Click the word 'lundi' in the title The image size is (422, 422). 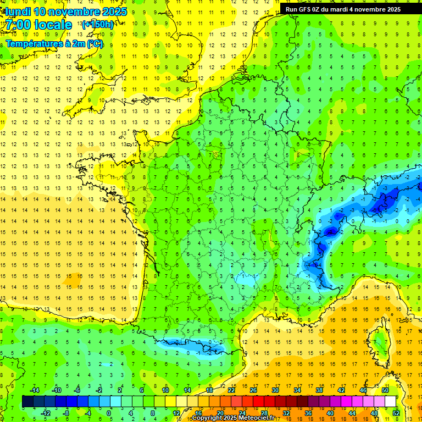18,12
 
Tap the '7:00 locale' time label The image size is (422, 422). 39,25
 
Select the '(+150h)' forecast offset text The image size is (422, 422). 97,24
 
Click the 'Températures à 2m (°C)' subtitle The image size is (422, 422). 54,43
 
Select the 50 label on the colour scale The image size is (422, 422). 385,390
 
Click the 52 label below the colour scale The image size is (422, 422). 396,413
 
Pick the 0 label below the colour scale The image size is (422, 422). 109,413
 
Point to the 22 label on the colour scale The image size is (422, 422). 231,390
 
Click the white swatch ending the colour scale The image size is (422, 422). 390,401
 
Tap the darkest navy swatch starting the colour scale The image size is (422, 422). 27,401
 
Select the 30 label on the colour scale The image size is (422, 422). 275,390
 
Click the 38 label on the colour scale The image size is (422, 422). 319,390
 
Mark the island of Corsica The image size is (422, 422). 379,343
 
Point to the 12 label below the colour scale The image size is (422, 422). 176,413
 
